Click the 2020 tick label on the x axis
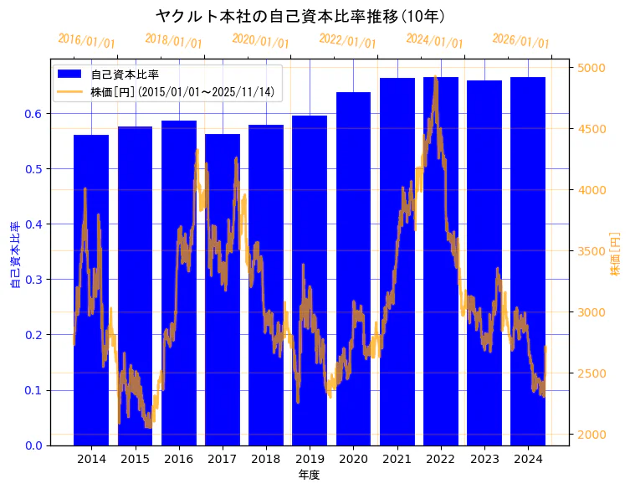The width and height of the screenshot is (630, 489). tap(353, 459)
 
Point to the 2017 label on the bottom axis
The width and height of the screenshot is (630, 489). tap(223, 459)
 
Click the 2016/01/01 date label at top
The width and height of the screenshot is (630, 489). tap(86, 41)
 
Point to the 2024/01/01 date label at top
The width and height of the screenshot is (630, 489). tap(434, 41)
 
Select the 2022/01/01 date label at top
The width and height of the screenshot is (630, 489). tap(347, 41)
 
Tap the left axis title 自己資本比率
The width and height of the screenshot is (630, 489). tap(15, 255)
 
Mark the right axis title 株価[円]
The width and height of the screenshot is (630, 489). tap(615, 255)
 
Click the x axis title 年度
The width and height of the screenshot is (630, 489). tap(309, 475)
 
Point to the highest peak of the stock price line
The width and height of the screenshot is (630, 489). tap(436, 77)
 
